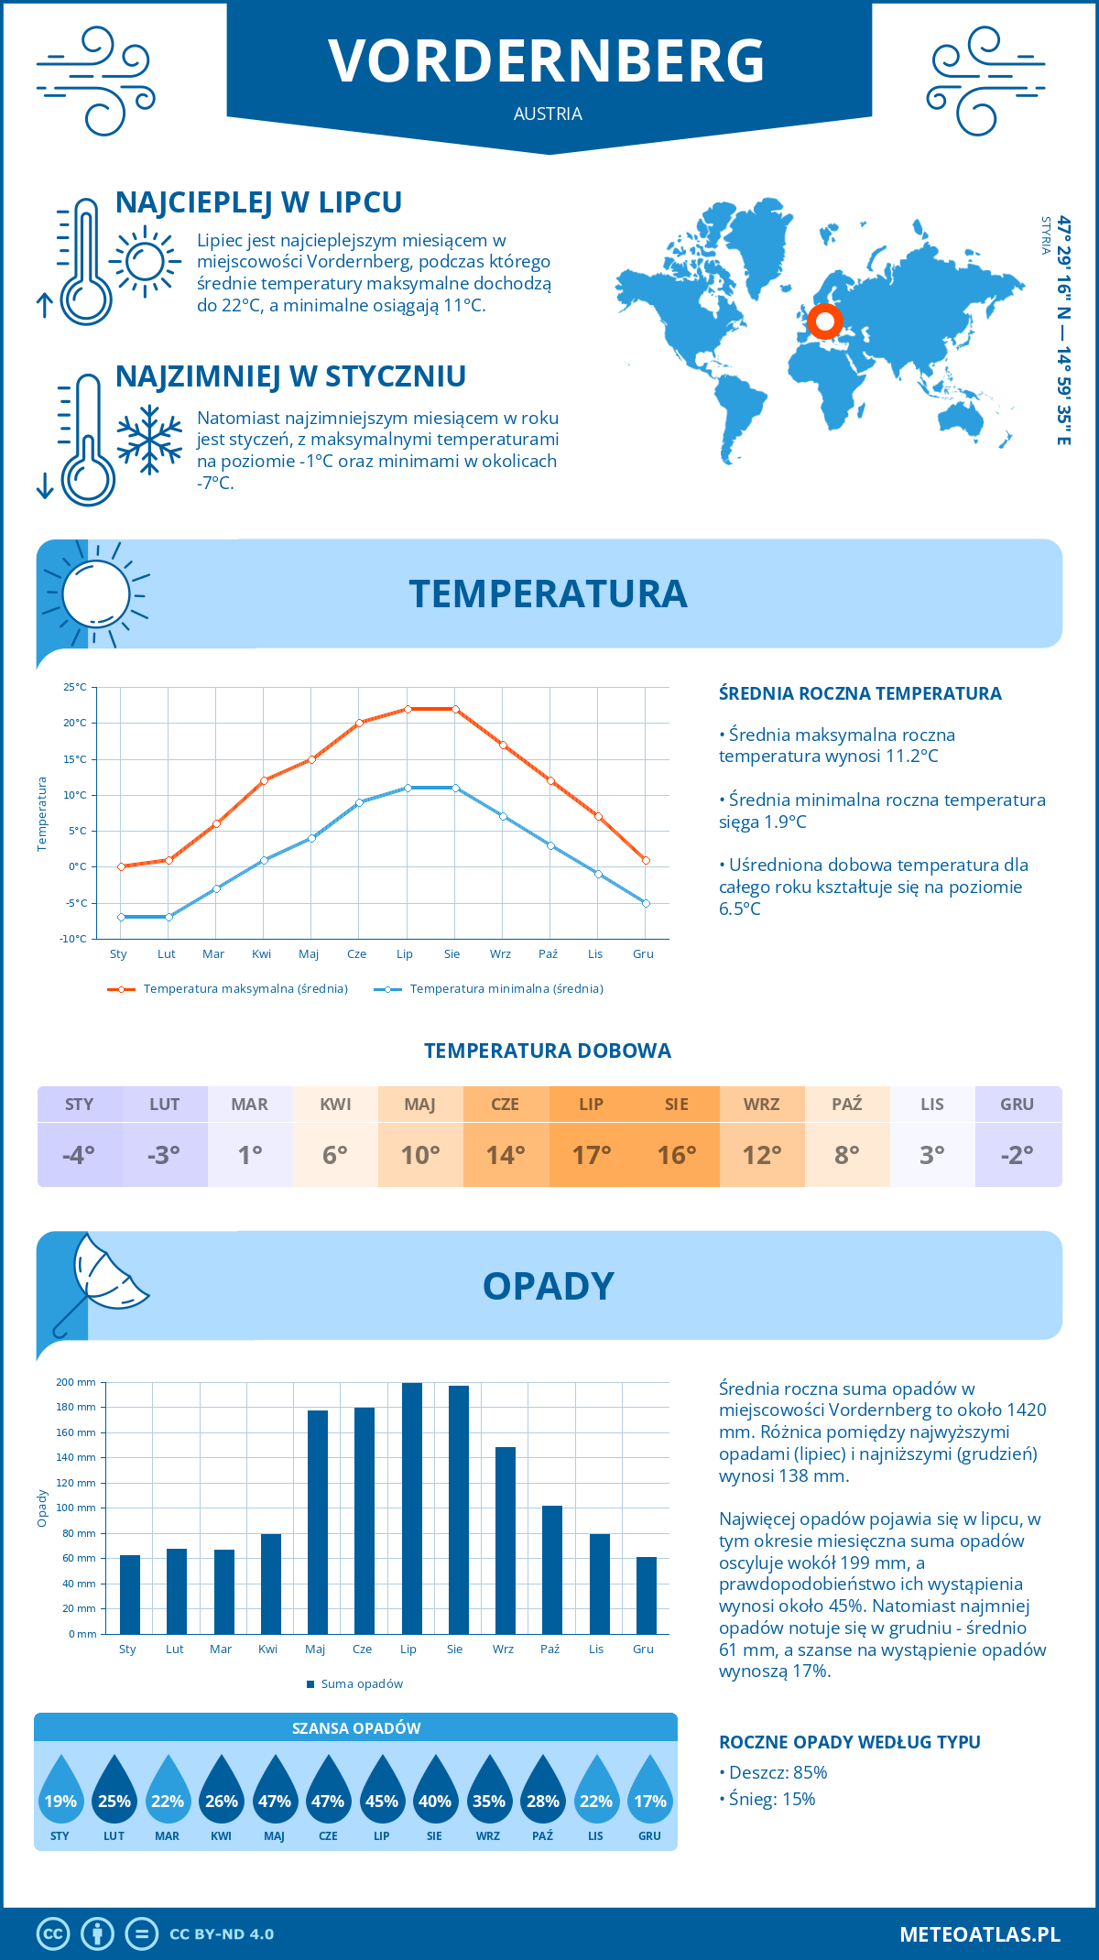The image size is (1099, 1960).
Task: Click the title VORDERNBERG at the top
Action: point(547,61)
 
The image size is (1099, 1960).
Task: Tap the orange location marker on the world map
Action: point(825,321)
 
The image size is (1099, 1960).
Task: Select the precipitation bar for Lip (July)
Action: point(412,1508)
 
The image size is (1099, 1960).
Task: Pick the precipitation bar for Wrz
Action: point(506,1540)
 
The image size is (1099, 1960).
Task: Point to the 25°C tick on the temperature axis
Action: point(75,687)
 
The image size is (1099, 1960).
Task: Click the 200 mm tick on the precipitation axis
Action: point(77,1382)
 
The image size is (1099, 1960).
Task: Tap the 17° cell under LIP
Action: point(592,1155)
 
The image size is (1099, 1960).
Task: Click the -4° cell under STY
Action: point(80,1155)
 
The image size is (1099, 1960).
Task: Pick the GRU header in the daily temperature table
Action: point(1017,1104)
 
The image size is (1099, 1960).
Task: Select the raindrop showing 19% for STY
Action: point(60,1792)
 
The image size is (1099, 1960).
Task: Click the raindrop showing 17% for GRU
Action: point(650,1792)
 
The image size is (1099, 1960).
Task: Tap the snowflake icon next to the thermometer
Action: point(149,440)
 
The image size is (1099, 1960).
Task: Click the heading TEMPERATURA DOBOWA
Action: point(548,1051)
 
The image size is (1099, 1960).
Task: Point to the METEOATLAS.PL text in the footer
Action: point(980,1934)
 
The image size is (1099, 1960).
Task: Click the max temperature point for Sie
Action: point(455,709)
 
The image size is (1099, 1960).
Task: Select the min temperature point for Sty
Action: point(121,917)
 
